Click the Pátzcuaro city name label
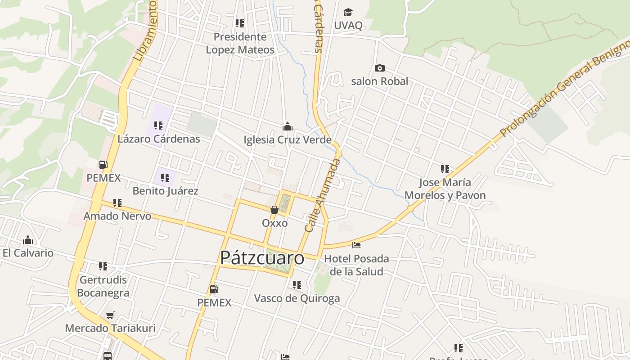pyautogui.click(x=262, y=258)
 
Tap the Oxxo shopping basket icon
pyautogui.click(x=274, y=210)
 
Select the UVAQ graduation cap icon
pyautogui.click(x=348, y=12)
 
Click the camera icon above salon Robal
pyautogui.click(x=380, y=68)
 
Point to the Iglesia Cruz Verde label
pyautogui.click(x=288, y=139)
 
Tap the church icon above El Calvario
pyautogui.click(x=28, y=240)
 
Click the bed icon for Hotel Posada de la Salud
pyautogui.click(x=356, y=245)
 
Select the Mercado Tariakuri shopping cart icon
pyautogui.click(x=110, y=315)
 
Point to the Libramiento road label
pyautogui.click(x=145, y=31)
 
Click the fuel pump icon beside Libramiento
pyautogui.click(x=103, y=165)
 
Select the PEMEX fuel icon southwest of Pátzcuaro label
pyautogui.click(x=214, y=289)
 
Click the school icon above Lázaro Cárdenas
pyautogui.click(x=158, y=126)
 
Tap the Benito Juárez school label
pyautogui.click(x=165, y=191)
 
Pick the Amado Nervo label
pyautogui.click(x=117, y=216)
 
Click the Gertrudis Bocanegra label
pyautogui.click(x=103, y=286)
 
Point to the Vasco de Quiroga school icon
pyautogui.click(x=297, y=285)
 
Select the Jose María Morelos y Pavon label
pyautogui.click(x=445, y=189)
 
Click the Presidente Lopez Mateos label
pyautogui.click(x=240, y=43)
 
